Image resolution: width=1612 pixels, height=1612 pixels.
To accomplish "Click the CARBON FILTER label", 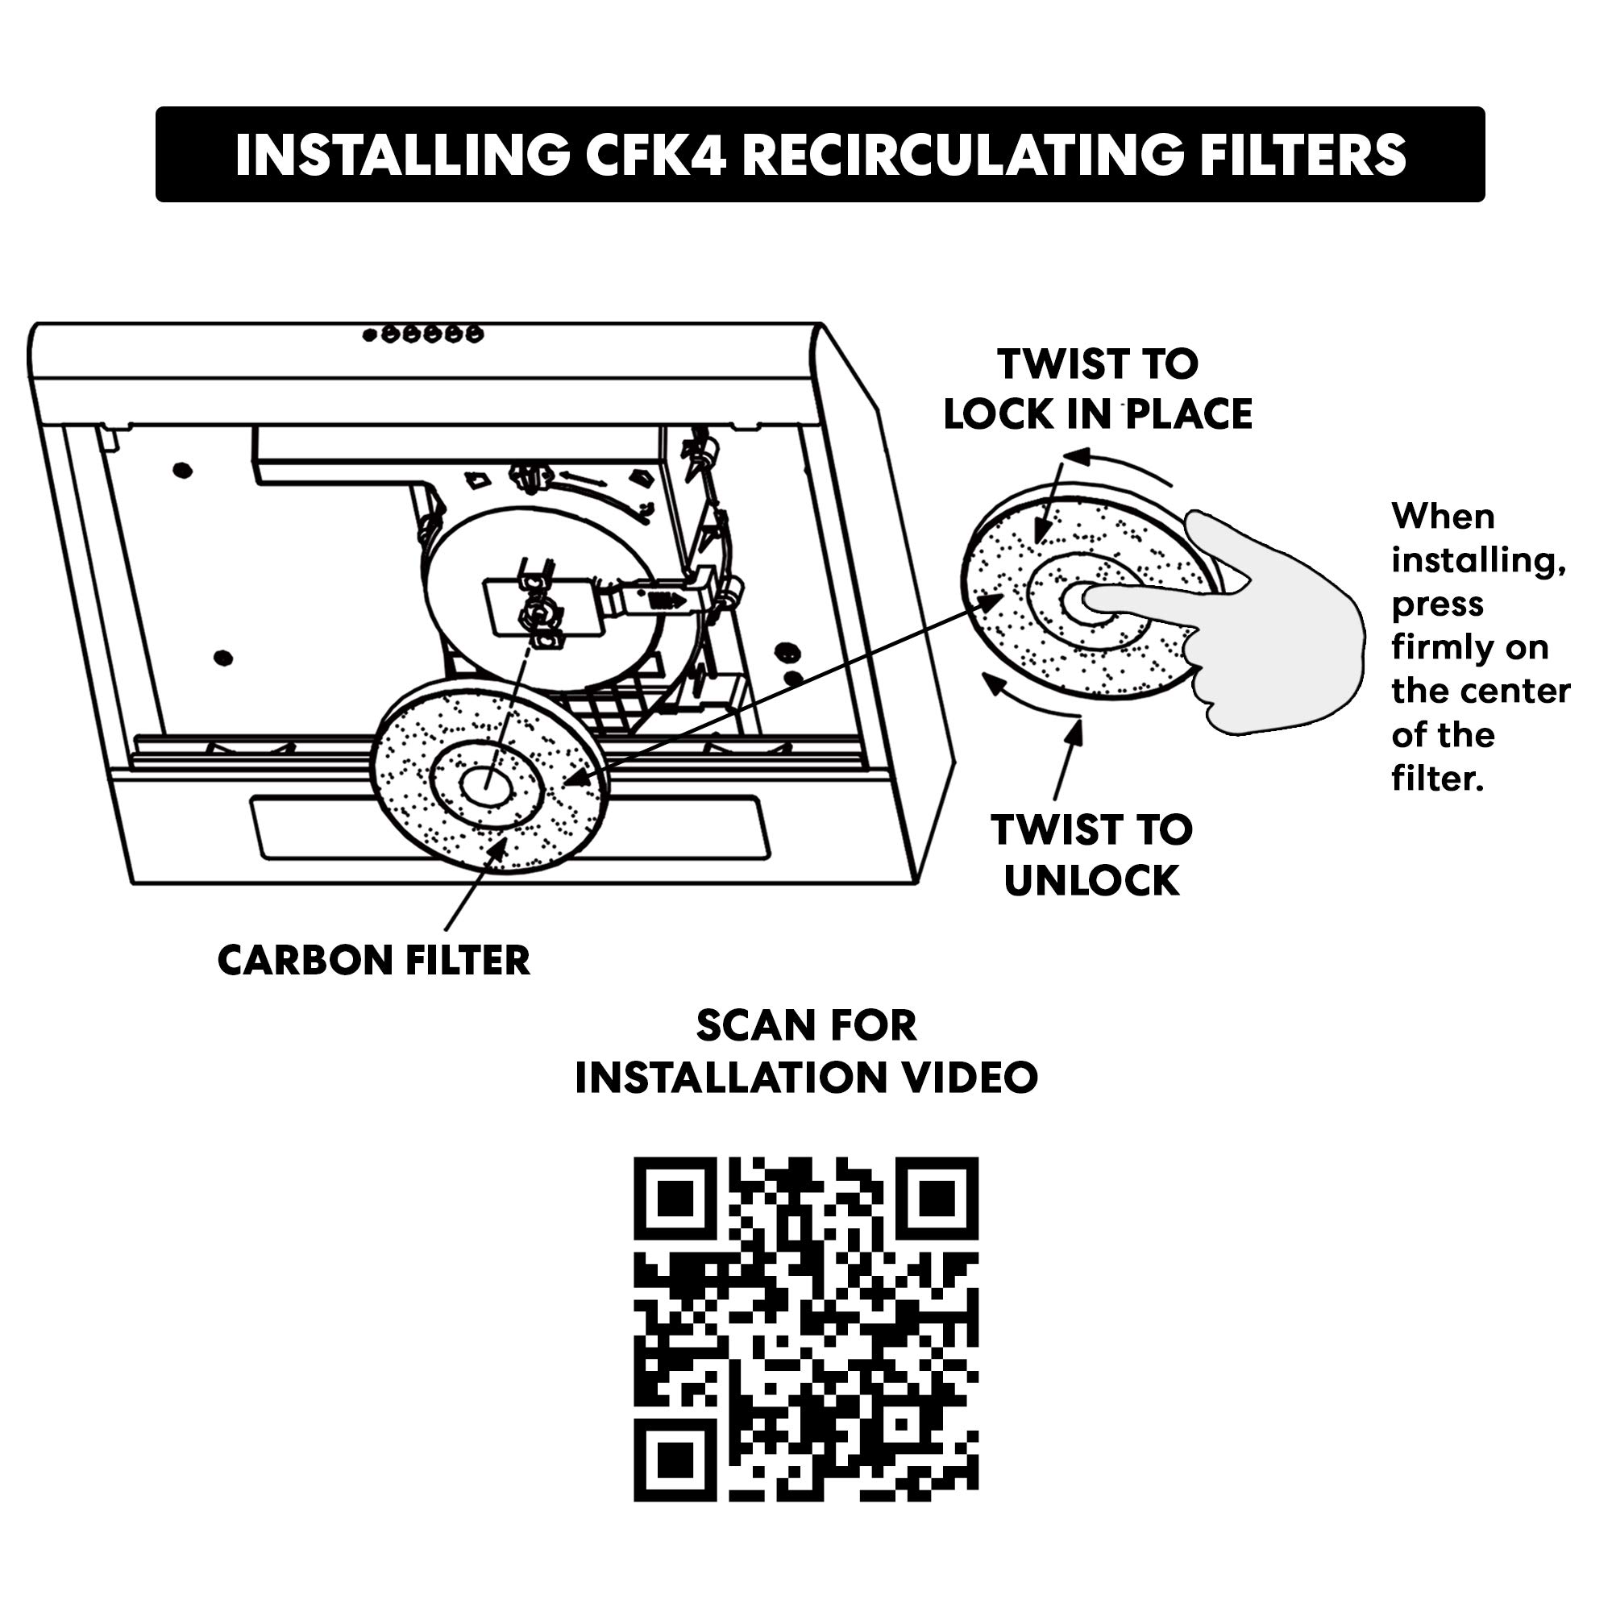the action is coord(374,961).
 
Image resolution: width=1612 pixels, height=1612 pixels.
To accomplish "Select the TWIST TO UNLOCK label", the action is coord(1092,855).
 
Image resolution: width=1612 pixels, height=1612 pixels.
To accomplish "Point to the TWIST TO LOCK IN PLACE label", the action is coord(1098,388).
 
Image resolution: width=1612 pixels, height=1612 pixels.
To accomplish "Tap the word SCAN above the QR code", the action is coord(748,1025).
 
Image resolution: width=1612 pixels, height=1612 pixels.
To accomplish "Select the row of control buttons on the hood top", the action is coord(423,334).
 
